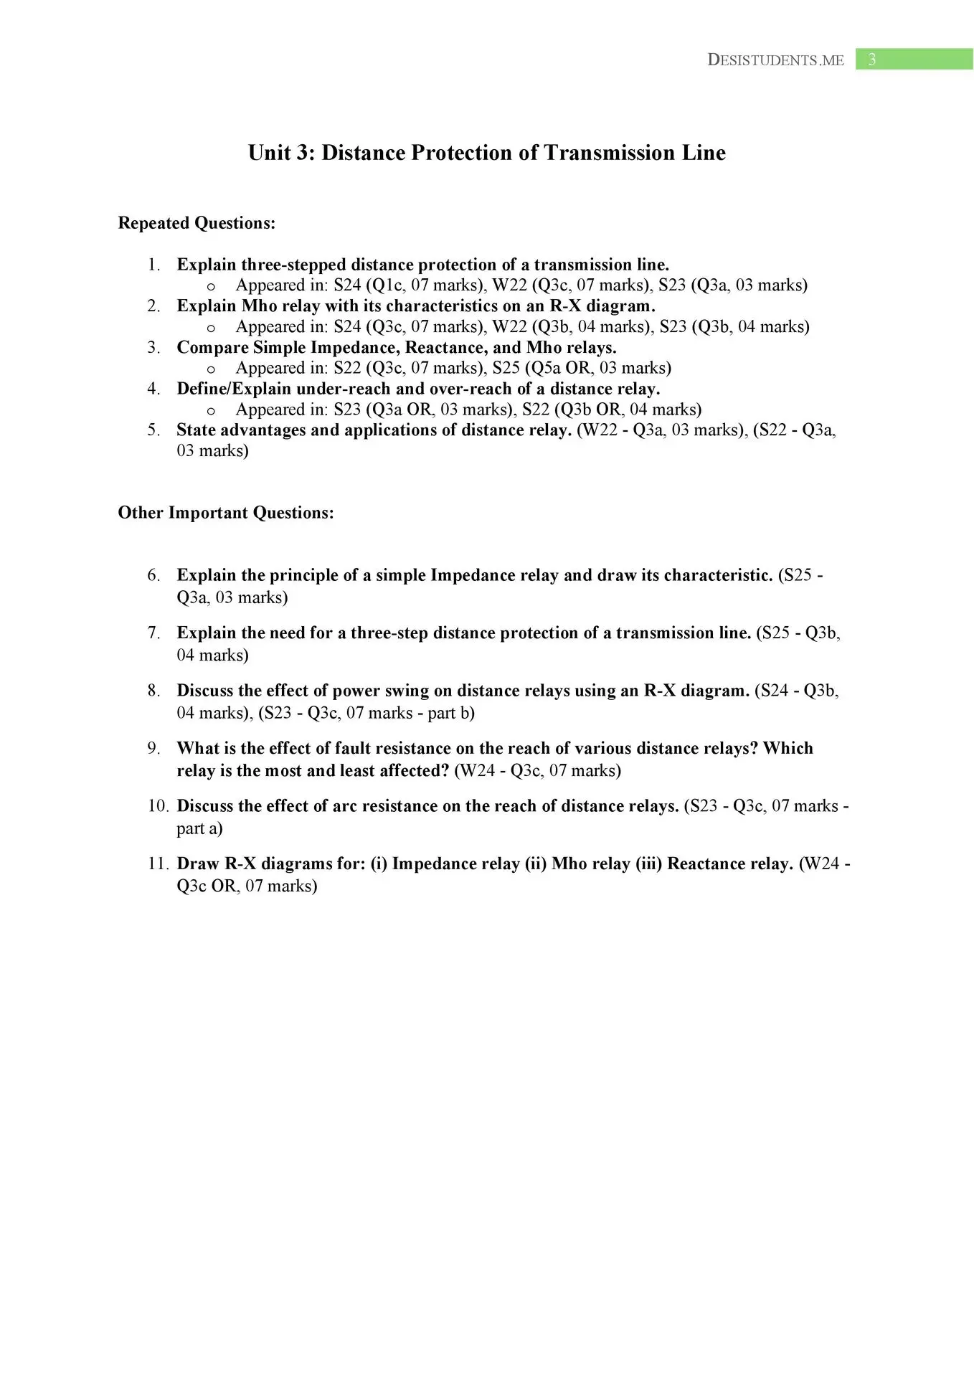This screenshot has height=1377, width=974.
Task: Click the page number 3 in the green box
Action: (x=871, y=60)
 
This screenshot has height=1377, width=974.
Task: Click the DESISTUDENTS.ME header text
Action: (x=775, y=60)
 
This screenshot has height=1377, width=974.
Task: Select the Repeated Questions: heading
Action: (x=197, y=223)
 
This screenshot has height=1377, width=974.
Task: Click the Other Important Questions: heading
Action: (x=226, y=513)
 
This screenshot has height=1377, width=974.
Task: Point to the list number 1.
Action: (x=153, y=265)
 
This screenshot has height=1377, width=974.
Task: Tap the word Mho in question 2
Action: (x=259, y=306)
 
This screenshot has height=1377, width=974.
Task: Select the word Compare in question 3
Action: (x=212, y=348)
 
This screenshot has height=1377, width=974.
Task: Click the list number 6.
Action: (x=153, y=575)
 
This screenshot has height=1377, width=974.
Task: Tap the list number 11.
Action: (x=158, y=863)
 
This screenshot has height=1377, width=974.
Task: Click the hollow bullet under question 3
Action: (x=211, y=369)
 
